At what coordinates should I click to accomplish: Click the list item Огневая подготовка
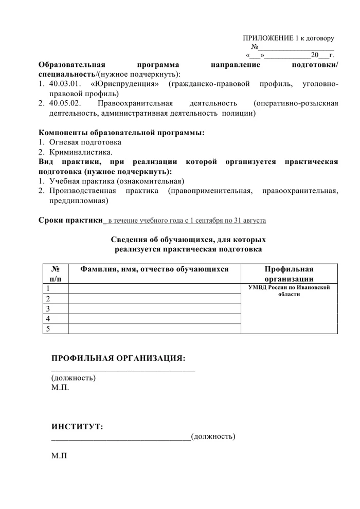point(85,142)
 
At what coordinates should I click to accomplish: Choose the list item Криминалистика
point(81,152)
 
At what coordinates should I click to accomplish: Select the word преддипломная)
point(75,201)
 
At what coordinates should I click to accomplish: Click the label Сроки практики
point(70,221)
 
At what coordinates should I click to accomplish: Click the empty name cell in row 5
point(154,329)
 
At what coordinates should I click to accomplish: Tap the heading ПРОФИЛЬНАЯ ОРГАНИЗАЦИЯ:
point(118,358)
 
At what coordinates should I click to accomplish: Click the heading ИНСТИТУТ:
point(77,426)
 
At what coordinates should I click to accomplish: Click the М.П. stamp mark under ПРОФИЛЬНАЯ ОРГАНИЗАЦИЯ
point(60,387)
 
